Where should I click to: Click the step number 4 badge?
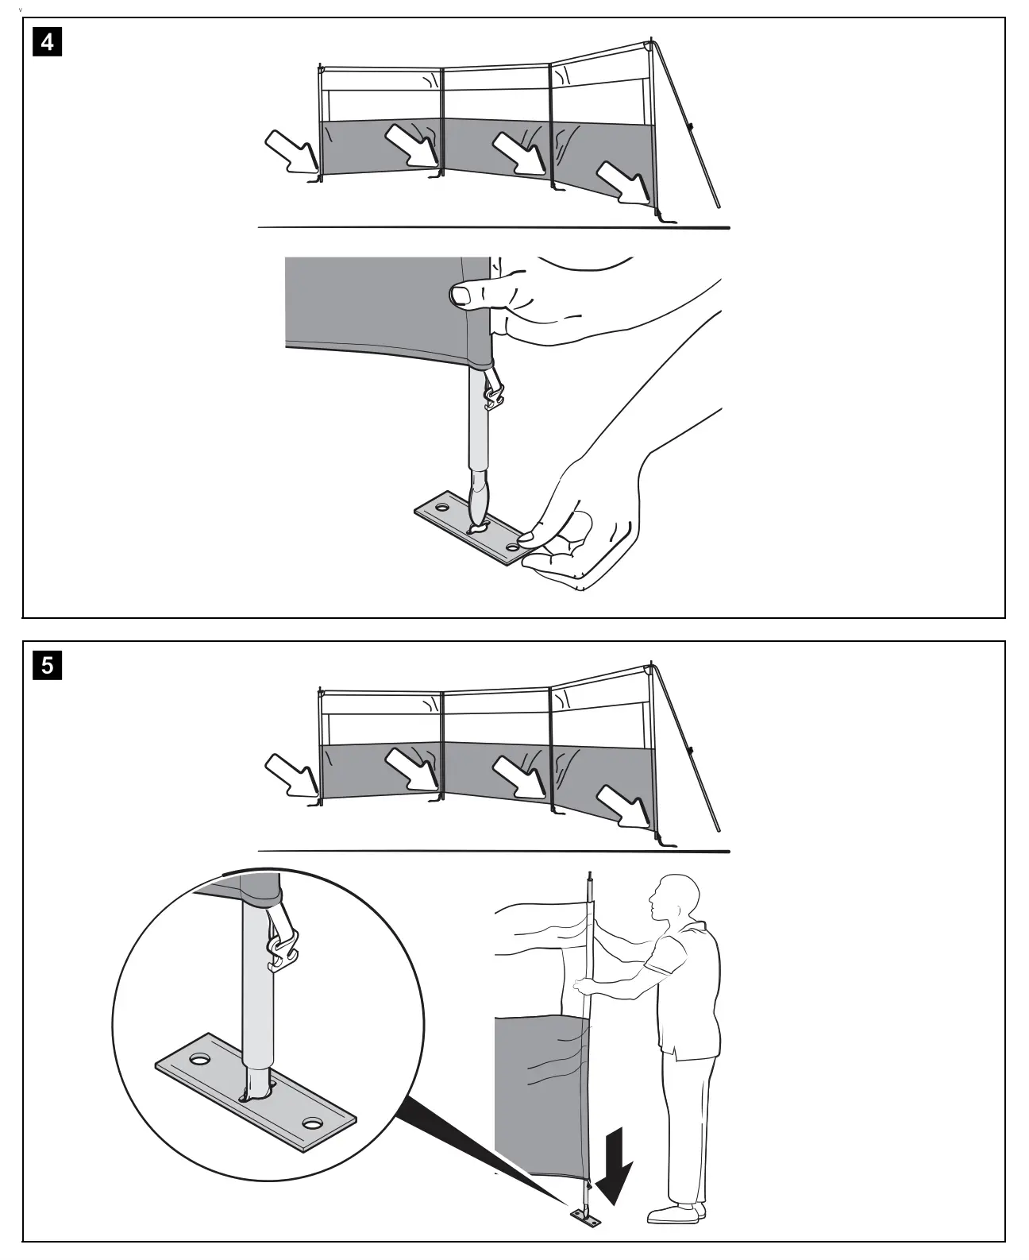[x=47, y=41]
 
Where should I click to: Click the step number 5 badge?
[x=47, y=664]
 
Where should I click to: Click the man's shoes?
[x=676, y=1212]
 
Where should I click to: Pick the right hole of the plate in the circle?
[x=311, y=1124]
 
